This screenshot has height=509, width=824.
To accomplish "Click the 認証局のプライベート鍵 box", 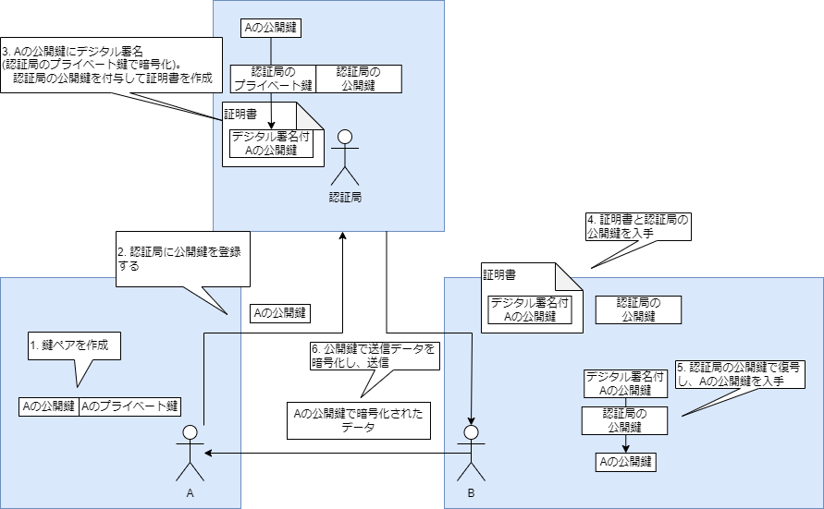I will click(x=273, y=79).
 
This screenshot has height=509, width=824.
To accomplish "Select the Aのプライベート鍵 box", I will click(x=129, y=406).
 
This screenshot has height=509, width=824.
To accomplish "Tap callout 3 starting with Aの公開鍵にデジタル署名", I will click(x=111, y=65).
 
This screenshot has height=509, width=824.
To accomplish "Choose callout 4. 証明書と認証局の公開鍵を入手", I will click(x=638, y=226).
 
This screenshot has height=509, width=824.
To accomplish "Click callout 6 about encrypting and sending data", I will click(x=374, y=356).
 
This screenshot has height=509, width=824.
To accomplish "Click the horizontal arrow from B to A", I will click(x=333, y=453).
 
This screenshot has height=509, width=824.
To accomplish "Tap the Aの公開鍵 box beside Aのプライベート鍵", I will click(x=49, y=406).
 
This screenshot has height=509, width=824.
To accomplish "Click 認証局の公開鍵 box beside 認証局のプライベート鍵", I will click(x=358, y=79).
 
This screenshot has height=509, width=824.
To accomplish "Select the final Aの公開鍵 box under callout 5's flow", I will click(x=626, y=461).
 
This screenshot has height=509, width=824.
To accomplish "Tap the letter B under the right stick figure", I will click(x=471, y=493).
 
